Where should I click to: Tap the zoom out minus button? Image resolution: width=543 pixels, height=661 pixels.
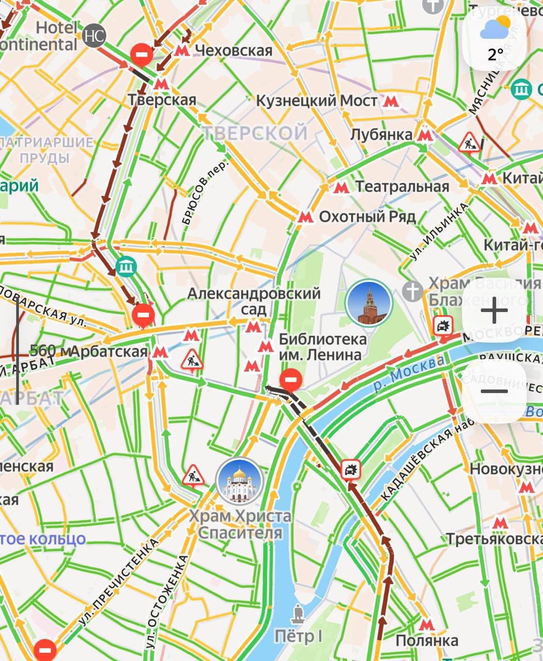[x=494, y=391]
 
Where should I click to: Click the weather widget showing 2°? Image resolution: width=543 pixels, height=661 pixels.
[x=494, y=38]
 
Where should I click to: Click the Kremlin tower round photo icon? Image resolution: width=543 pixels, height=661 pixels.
[x=368, y=303]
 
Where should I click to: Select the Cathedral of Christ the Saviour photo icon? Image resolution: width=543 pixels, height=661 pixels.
[x=239, y=481]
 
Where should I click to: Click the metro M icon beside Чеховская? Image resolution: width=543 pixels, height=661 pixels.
[x=181, y=51]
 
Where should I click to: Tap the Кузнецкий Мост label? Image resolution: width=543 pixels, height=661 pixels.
[x=317, y=101]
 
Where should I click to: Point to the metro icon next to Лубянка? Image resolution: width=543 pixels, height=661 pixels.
[x=425, y=135]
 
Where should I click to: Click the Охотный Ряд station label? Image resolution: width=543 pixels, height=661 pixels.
[x=367, y=216]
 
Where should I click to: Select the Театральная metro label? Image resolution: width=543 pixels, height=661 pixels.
[x=402, y=187]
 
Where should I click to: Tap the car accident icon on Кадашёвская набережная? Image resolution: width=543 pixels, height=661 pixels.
[x=351, y=469]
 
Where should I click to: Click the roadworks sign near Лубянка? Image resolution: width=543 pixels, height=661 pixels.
[x=469, y=142]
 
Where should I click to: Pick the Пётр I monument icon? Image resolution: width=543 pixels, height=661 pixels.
[x=298, y=614]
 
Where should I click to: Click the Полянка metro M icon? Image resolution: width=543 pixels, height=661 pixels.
[x=426, y=625]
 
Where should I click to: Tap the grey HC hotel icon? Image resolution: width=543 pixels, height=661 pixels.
[x=94, y=36]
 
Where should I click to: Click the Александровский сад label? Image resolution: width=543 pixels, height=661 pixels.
[x=254, y=301]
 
